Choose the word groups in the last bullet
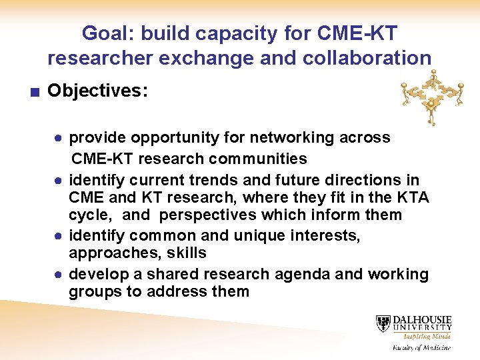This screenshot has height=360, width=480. pyautogui.click(x=92, y=291)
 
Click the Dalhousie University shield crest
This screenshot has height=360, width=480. pyautogui.click(x=383, y=324)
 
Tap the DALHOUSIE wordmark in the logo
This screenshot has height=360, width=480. pyautogui.click(x=422, y=319)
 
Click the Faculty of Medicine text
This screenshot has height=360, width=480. pyautogui.click(x=421, y=347)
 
